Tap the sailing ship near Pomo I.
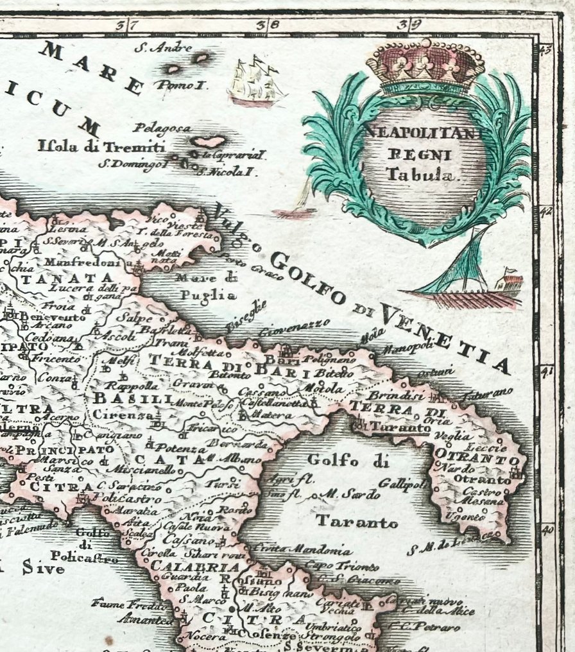tap(255, 81)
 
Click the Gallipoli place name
tap(402, 483)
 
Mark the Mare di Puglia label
tap(205, 287)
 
